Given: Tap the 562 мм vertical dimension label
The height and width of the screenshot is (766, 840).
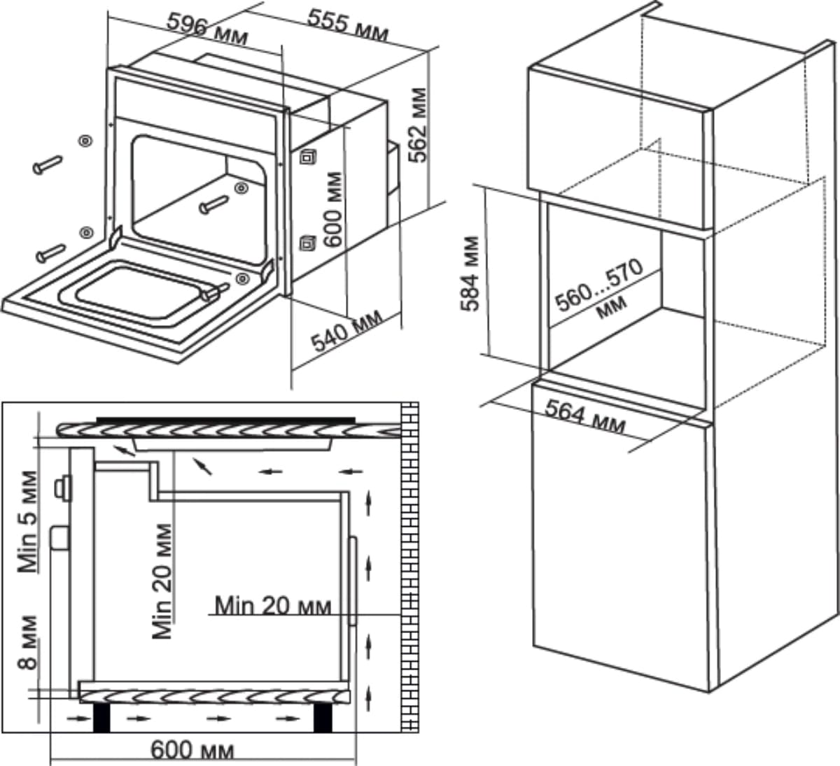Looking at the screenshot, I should [x=419, y=125].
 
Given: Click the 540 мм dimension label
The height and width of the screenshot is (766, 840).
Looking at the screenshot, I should [x=347, y=330].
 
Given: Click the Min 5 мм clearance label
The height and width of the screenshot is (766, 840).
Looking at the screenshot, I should [x=28, y=522].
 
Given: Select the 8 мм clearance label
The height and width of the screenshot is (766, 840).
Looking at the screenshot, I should [x=28, y=642].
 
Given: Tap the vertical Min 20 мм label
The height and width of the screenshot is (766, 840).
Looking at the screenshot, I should [x=162, y=581].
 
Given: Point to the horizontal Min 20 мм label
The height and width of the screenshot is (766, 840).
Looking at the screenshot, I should [x=272, y=605].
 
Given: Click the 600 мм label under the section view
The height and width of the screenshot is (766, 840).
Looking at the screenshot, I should [x=192, y=750].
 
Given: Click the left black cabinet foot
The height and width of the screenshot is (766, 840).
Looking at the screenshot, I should [x=103, y=717].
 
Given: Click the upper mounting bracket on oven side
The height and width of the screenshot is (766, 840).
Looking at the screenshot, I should [x=307, y=157].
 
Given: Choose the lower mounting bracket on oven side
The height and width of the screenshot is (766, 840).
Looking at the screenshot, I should [x=307, y=243].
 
